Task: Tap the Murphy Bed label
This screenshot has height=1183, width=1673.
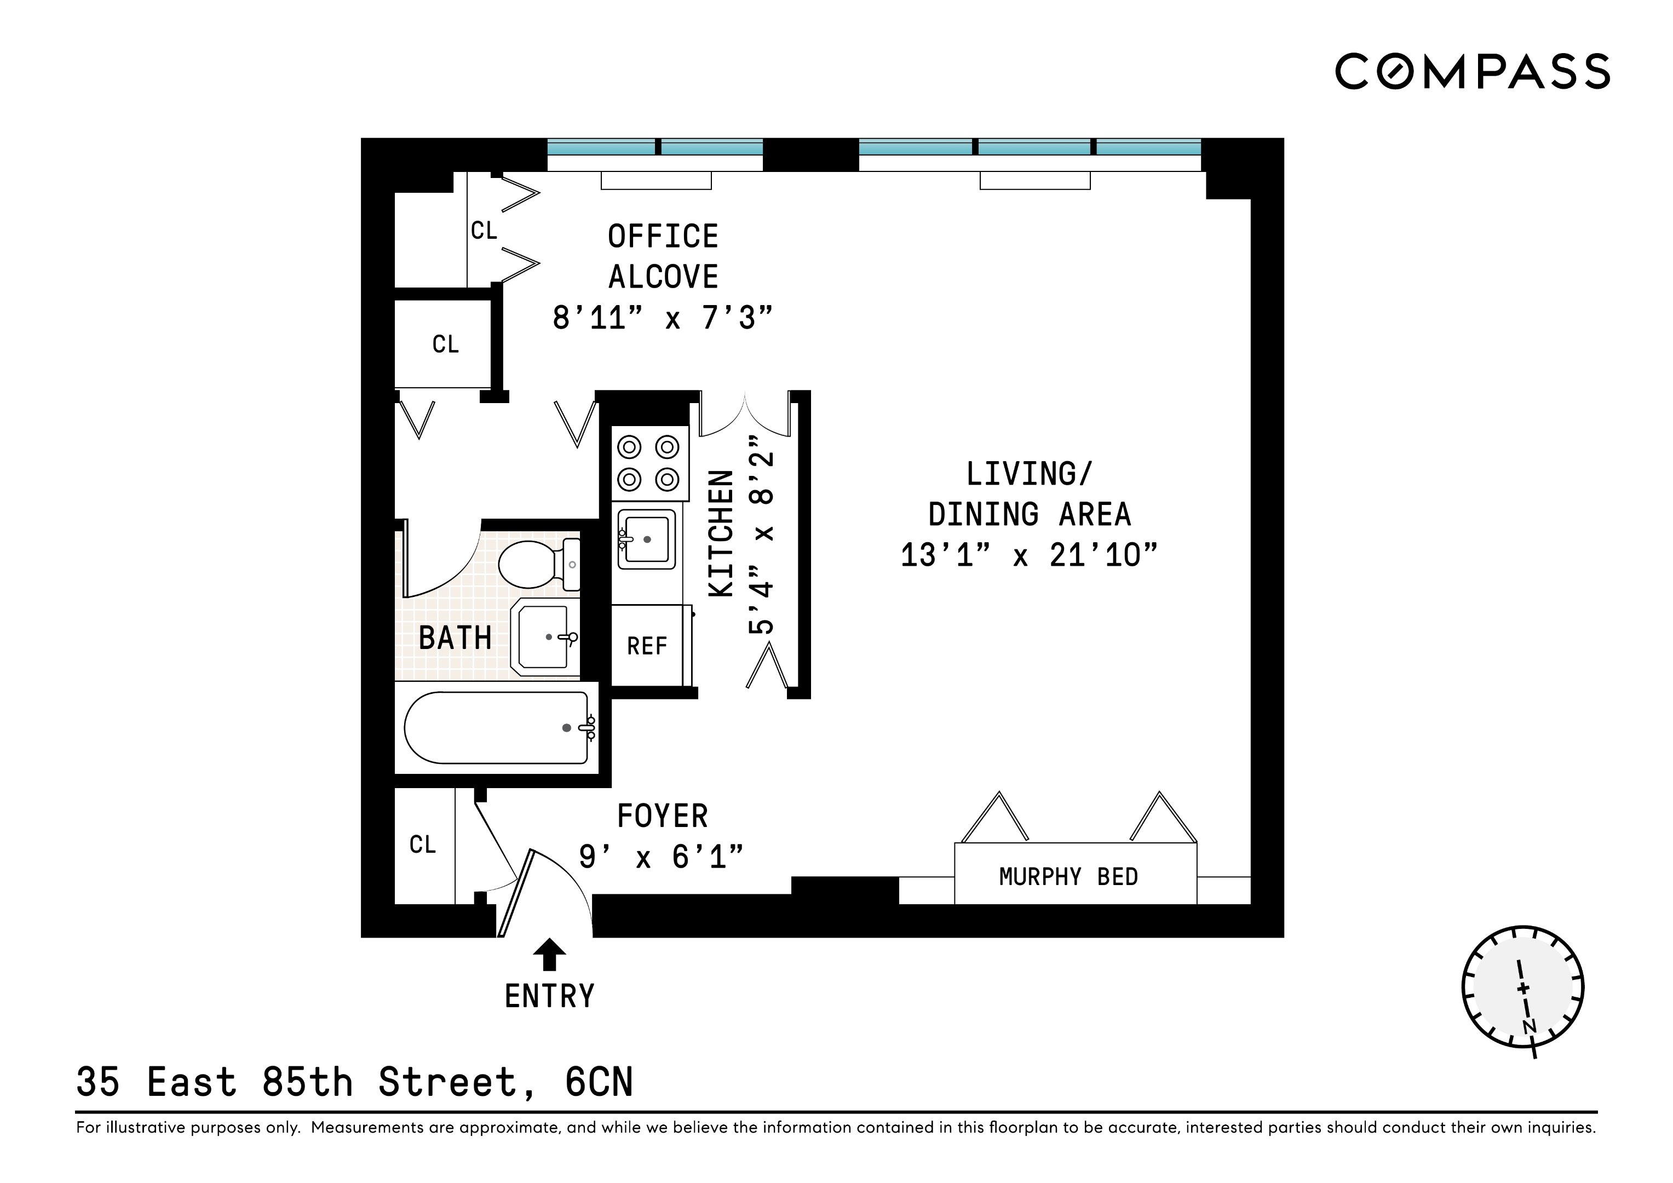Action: click(x=1068, y=876)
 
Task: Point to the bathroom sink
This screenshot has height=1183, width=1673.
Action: click(x=544, y=637)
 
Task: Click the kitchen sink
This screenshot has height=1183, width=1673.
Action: click(x=645, y=539)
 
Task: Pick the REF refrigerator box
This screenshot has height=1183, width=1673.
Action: click(x=647, y=646)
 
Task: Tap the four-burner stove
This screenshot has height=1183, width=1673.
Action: click(x=648, y=463)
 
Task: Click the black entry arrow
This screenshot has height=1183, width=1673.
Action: click(x=549, y=954)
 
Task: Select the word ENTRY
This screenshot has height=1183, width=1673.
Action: click(x=549, y=996)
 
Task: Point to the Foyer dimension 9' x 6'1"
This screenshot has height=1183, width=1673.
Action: click(x=661, y=857)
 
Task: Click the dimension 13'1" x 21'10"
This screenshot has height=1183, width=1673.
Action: click(x=1029, y=555)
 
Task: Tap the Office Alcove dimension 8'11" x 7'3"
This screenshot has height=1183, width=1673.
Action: click(x=662, y=318)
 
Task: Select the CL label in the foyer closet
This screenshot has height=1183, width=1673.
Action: click(x=423, y=845)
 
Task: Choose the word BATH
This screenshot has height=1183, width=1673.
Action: click(x=455, y=639)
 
